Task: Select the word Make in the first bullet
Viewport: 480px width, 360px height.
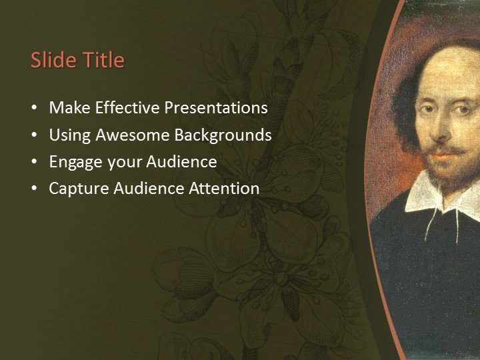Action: click(x=67, y=108)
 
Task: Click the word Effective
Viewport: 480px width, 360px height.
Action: click(x=125, y=108)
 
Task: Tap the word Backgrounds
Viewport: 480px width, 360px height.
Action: click(x=223, y=135)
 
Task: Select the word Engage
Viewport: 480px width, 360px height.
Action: click(x=73, y=162)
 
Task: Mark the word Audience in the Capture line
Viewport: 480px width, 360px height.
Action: click(x=149, y=189)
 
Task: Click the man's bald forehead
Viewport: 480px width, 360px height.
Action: click(x=453, y=67)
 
